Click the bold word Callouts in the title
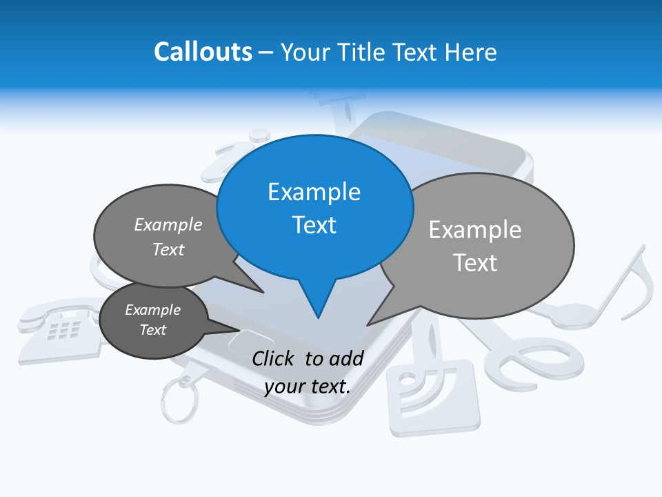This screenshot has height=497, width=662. (203, 52)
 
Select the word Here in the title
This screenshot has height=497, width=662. (471, 52)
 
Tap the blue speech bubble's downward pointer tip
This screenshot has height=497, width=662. (318, 318)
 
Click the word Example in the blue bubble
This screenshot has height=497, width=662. (314, 192)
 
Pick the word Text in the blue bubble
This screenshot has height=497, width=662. (314, 225)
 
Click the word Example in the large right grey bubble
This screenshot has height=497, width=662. (475, 230)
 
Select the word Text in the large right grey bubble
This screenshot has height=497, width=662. (476, 263)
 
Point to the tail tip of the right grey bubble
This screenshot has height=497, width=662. (368, 324)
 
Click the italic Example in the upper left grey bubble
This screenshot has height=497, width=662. (168, 225)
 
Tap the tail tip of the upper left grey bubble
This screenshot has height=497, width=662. (263, 292)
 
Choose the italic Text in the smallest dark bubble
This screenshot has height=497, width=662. (152, 330)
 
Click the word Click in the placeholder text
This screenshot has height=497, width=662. (274, 358)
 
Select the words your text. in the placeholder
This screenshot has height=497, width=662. (308, 387)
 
